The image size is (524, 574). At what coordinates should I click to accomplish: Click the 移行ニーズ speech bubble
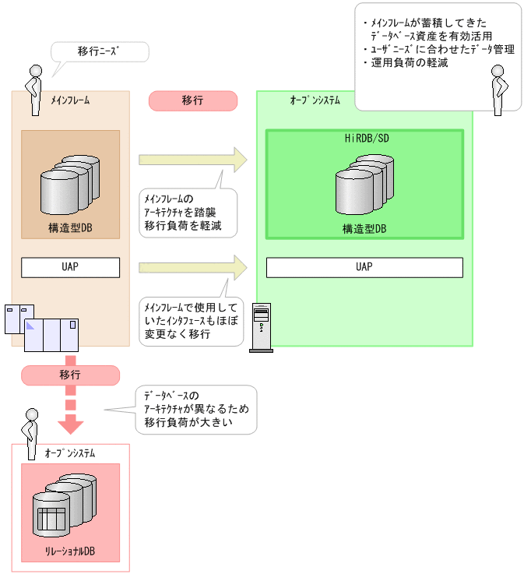[99, 52]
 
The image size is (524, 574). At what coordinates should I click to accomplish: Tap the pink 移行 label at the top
[192, 100]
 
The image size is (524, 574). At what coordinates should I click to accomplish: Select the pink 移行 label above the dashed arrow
[70, 374]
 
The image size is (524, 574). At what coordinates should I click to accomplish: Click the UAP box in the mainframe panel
[70, 267]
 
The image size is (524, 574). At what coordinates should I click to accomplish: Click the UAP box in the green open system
[364, 267]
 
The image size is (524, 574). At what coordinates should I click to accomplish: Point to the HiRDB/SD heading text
[364, 138]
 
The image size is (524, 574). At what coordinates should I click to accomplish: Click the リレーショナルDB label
[70, 551]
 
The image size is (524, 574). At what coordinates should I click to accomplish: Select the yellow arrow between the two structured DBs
[192, 160]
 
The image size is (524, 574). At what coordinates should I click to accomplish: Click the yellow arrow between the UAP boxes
[192, 267]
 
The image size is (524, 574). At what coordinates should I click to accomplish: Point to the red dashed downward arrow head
[71, 424]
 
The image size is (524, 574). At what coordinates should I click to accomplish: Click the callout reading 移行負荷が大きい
[195, 410]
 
